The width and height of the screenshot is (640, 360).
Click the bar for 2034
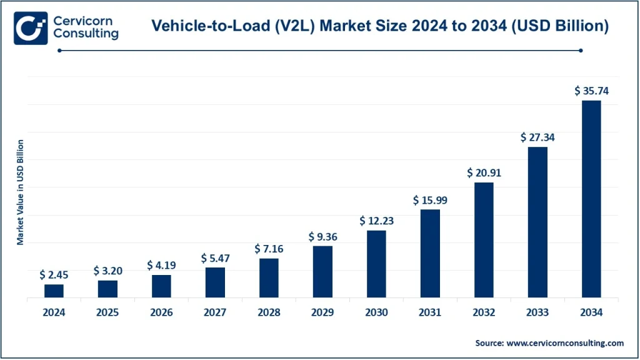tap(591, 199)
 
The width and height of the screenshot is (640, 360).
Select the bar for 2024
tap(54, 291)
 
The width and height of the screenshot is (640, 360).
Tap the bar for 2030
tap(376, 264)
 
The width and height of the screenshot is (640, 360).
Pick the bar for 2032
tap(484, 239)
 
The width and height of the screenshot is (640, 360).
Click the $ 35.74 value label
tap(591, 91)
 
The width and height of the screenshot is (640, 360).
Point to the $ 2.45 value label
tap(54, 274)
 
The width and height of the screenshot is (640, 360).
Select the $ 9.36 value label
tap(322, 237)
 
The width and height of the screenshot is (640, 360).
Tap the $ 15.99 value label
tap(430, 200)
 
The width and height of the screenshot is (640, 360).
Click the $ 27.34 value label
tap(537, 137)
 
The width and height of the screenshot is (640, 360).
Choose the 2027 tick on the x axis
tap(215, 312)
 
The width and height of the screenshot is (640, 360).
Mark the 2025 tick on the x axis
tap(107, 312)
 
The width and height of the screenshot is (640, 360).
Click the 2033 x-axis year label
tap(537, 312)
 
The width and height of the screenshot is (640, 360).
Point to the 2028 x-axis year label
tap(269, 312)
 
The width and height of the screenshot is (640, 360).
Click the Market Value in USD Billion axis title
tap(20, 192)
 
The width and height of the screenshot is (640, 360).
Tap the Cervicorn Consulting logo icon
tap(31, 27)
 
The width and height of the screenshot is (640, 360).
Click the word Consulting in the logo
tap(86, 34)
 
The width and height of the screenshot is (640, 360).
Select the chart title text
tap(381, 26)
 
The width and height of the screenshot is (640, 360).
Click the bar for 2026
tap(161, 286)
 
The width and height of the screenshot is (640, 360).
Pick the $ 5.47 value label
tap(215, 257)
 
